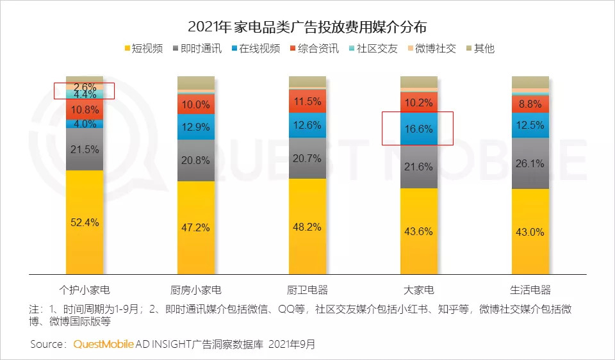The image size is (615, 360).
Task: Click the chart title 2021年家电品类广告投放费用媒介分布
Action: (307, 27)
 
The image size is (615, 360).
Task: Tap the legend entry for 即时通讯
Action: (197, 48)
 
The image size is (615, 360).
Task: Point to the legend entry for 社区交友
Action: (372, 48)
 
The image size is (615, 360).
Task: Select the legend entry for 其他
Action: (480, 48)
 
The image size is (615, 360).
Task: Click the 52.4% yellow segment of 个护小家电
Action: (85, 222)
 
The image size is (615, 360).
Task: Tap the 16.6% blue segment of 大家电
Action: (419, 129)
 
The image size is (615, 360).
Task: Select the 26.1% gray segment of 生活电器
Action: (530, 163)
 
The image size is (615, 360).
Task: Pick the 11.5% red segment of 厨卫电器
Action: (307, 101)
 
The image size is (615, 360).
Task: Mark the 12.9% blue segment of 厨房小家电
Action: (196, 127)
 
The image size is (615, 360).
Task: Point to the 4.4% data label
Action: (85, 95)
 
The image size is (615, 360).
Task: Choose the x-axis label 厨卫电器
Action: (307, 290)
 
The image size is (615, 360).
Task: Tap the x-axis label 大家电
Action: (419, 290)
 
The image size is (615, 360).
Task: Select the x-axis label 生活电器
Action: (530, 290)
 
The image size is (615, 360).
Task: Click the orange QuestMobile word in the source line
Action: (104, 344)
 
